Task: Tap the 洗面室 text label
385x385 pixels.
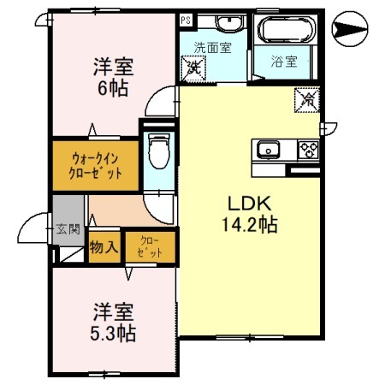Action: point(212,48)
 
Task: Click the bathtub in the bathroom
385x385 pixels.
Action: point(286,31)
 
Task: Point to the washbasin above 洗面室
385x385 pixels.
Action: point(226,23)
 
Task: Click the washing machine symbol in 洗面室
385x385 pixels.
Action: point(196,65)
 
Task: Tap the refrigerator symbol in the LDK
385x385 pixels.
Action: point(305,100)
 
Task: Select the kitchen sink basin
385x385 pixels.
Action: point(269,151)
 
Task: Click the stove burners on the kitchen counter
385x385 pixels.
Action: point(306,151)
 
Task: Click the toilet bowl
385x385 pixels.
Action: point(157,154)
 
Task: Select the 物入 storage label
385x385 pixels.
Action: point(104,247)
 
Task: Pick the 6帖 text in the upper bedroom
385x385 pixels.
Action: point(113,88)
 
